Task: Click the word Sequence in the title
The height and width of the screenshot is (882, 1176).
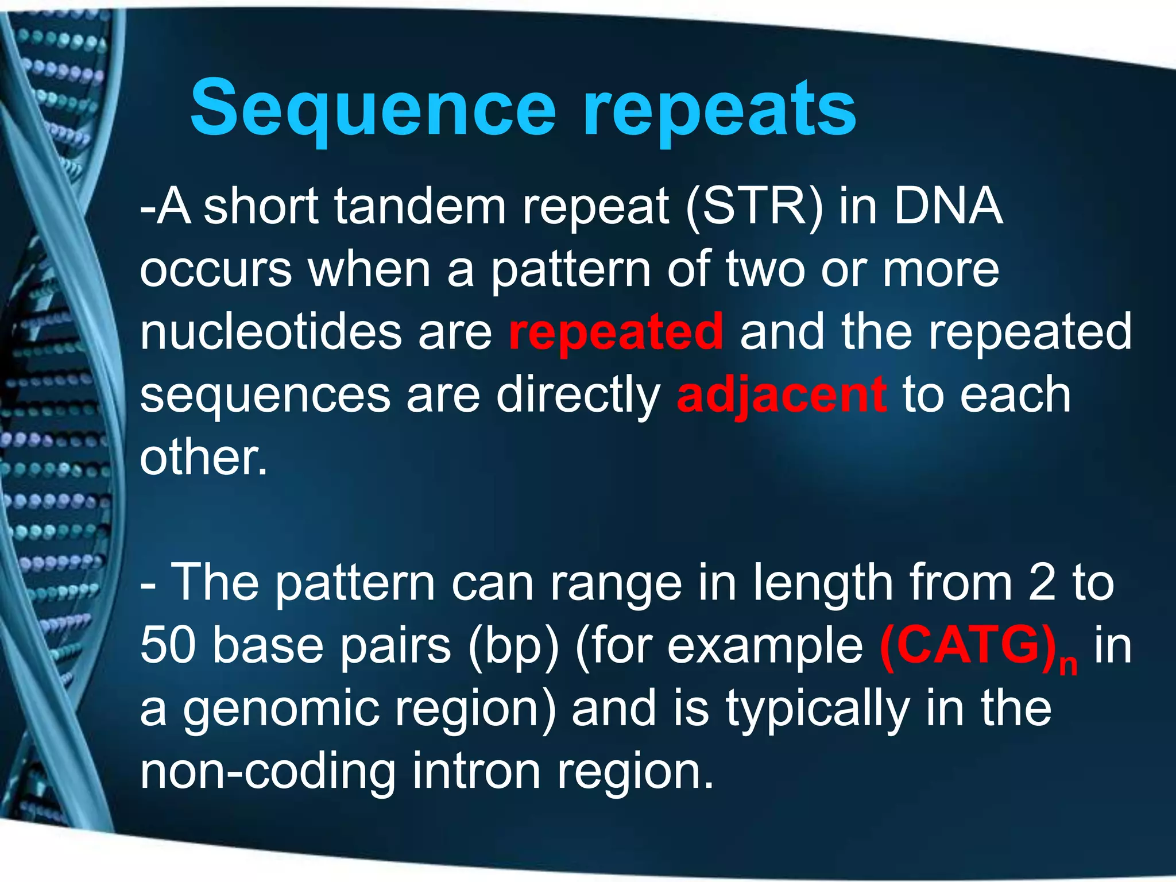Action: [x=373, y=109]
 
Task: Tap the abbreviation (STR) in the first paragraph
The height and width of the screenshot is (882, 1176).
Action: [x=755, y=207]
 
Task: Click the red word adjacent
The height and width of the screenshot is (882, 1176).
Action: [x=781, y=396]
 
